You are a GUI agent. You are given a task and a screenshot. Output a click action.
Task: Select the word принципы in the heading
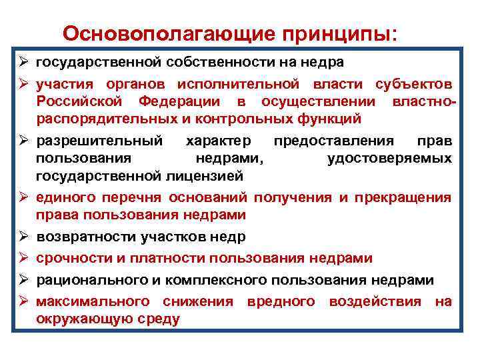(x=343, y=33)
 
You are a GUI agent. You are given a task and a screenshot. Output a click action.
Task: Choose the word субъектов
(x=413, y=85)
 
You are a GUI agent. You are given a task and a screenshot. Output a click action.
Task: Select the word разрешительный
(x=99, y=141)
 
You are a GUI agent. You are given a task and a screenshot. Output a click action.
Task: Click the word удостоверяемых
(x=389, y=159)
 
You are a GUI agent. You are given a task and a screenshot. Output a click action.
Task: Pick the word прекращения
(x=403, y=198)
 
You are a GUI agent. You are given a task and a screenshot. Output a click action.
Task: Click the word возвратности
(x=86, y=237)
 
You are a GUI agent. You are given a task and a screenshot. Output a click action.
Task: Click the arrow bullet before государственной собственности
(x=23, y=63)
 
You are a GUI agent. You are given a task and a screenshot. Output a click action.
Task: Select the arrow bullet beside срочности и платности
(x=23, y=258)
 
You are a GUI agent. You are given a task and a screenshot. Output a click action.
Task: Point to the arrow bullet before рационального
(x=23, y=280)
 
